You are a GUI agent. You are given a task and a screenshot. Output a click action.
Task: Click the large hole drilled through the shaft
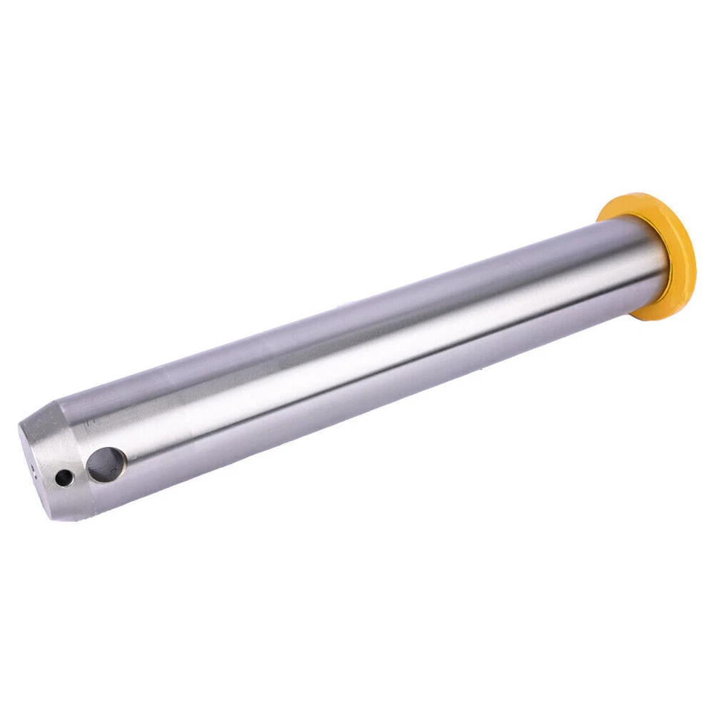pyautogui.click(x=105, y=464)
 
